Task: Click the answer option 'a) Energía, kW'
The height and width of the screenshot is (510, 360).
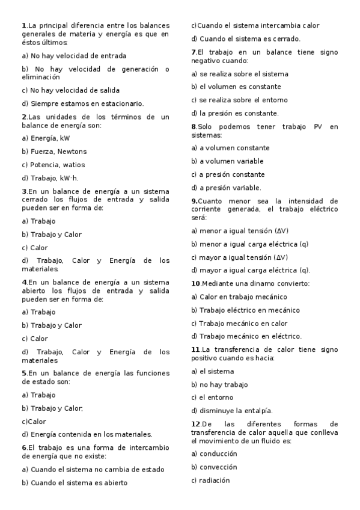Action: click(x=45, y=138)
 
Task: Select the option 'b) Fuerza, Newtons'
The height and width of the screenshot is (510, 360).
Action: click(x=54, y=151)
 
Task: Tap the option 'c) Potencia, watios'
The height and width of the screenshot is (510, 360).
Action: click(x=53, y=164)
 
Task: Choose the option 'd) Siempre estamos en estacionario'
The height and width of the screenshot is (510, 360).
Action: click(x=82, y=103)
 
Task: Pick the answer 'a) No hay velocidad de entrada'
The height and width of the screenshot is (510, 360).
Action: click(x=73, y=55)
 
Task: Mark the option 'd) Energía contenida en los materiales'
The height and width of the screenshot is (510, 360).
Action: click(x=87, y=434)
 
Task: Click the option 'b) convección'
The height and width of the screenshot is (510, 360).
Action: click(x=214, y=467)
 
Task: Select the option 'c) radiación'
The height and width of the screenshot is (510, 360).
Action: click(x=210, y=480)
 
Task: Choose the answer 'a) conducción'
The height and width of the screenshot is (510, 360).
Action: click(x=214, y=453)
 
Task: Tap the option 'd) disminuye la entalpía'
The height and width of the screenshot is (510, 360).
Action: click(x=232, y=411)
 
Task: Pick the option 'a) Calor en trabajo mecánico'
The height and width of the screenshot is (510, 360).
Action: click(x=239, y=296)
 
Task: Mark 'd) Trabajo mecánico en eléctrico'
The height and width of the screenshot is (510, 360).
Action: click(x=246, y=336)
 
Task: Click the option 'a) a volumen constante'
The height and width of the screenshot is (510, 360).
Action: click(x=230, y=147)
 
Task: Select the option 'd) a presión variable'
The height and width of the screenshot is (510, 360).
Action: click(x=226, y=187)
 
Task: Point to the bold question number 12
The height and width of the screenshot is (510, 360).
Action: click(x=195, y=424)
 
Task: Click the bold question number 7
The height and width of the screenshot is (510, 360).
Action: click(x=193, y=52)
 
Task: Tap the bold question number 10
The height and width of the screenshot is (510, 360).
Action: click(x=195, y=283)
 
